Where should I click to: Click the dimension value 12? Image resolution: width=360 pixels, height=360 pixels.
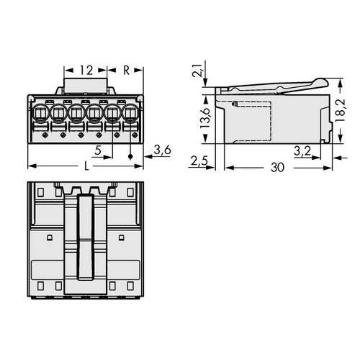[x=86, y=71]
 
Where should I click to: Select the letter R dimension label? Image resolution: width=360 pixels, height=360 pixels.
[x=126, y=71]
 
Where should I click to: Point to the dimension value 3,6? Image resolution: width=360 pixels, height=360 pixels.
[x=163, y=150]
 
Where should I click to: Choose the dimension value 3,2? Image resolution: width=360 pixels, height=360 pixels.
[x=302, y=150]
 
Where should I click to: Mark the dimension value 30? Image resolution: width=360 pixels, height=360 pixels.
[x=277, y=167]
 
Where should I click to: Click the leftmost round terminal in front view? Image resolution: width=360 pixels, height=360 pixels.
[x=40, y=113]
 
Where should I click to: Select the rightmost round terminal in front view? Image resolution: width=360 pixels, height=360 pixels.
[x=130, y=113]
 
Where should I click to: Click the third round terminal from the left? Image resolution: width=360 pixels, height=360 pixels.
[x=76, y=113]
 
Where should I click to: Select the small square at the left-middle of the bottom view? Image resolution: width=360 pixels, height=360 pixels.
[x=49, y=237]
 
